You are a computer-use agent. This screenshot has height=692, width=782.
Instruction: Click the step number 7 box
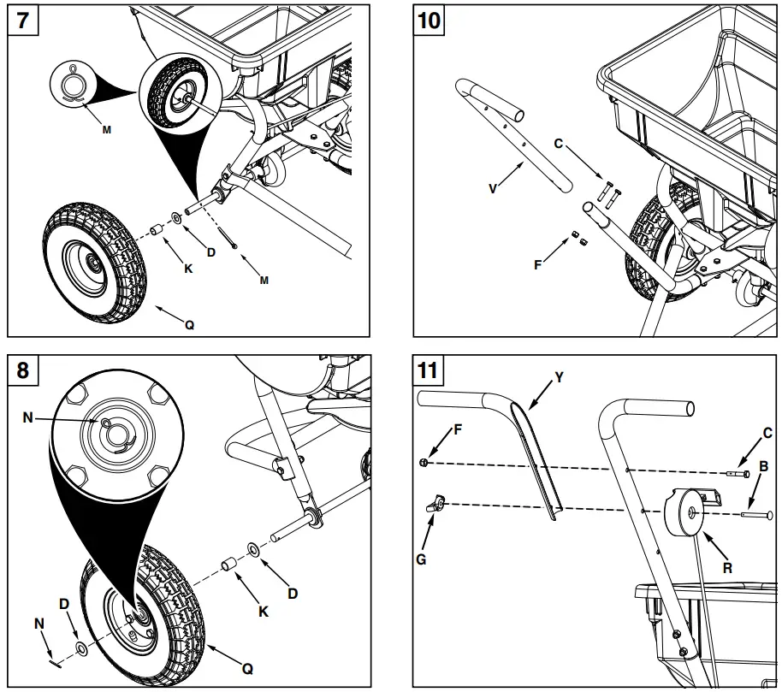point(22,21)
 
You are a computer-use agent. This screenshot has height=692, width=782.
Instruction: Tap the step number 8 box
point(22,370)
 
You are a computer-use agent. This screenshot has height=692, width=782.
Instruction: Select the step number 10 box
point(430,21)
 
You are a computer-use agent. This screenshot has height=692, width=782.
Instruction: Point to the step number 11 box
point(430,370)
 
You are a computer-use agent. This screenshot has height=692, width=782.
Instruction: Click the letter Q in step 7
point(189,324)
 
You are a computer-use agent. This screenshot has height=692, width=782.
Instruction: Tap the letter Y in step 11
point(560,376)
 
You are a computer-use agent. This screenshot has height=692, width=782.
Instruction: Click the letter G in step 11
point(421,559)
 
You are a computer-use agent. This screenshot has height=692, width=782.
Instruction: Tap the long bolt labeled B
point(757,515)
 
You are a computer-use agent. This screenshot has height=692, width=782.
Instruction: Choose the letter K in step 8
point(264,612)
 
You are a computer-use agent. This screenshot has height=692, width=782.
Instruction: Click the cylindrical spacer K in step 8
point(229,565)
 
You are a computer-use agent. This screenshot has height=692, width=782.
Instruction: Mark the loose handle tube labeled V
point(513,137)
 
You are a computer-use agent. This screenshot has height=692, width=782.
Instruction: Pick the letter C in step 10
point(559,144)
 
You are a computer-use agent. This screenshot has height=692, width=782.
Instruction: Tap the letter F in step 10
point(537,264)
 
